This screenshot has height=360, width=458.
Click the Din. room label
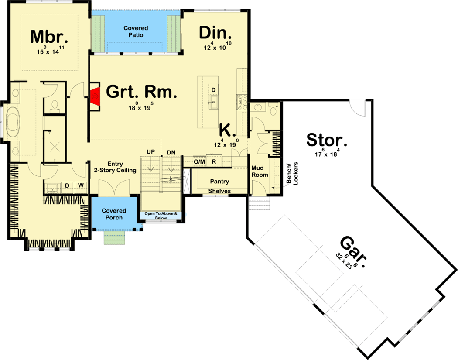click(215, 33)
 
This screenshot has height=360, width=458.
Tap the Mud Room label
click(260, 171)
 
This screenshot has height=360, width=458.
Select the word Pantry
click(220, 181)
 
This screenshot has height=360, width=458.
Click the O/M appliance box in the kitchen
click(199, 162)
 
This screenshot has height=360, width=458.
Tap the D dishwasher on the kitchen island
click(213, 89)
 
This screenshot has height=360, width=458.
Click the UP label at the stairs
click(151, 151)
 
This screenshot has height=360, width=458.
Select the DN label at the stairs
click(171, 151)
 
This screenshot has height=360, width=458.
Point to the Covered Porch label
click(114, 214)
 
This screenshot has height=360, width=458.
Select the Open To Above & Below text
click(161, 216)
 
